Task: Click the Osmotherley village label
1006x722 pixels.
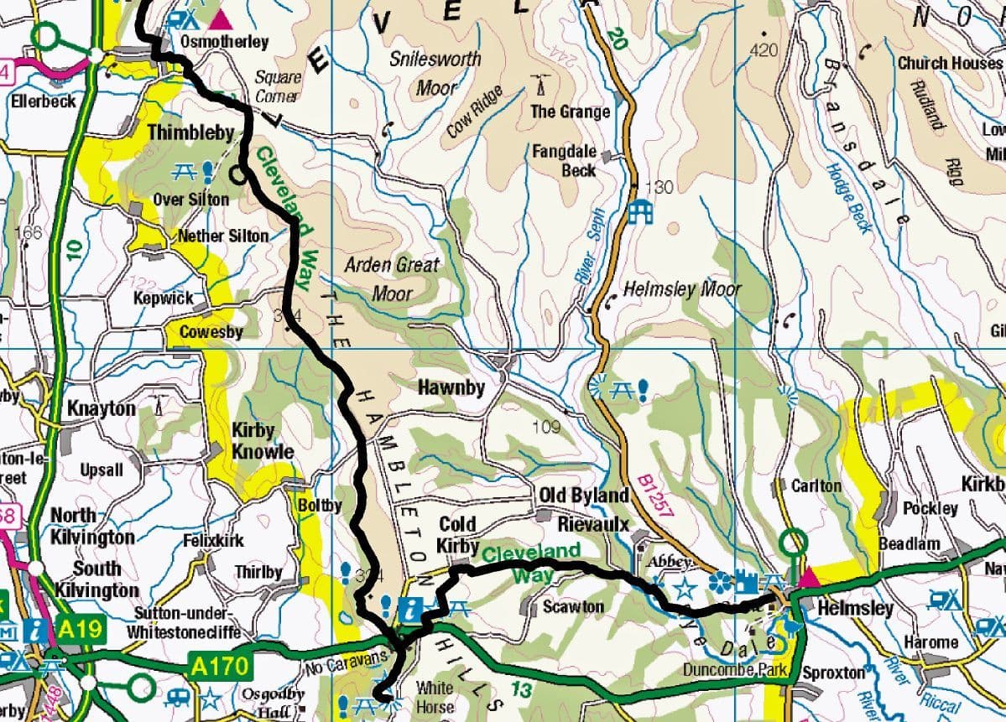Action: [x=225, y=42]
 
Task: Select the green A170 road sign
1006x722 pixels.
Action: [x=222, y=666]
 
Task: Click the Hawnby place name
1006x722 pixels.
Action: [x=451, y=388]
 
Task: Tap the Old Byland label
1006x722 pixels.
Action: [x=583, y=496]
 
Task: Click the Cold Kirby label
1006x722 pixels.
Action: [x=457, y=535]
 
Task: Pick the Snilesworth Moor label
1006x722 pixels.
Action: [x=436, y=73]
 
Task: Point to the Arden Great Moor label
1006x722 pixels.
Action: [x=392, y=278]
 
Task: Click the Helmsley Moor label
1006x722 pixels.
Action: [x=682, y=290]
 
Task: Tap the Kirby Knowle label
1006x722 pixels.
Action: [x=263, y=441]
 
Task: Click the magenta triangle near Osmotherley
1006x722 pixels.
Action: [x=222, y=18]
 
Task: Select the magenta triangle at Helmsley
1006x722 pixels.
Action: [x=808, y=579]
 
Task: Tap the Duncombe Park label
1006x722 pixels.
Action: [x=735, y=669]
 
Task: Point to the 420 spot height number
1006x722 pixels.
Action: [x=764, y=51]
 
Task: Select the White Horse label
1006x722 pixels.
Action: [x=435, y=697]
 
